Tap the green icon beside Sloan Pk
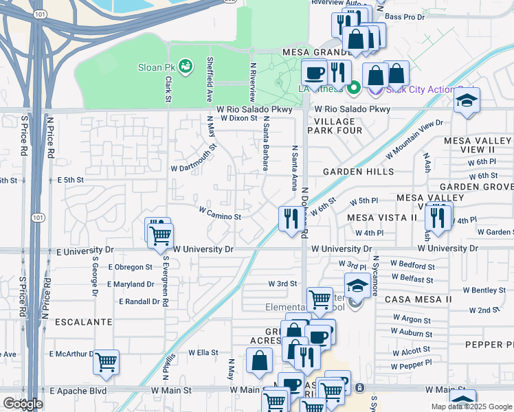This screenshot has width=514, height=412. tap(184, 67)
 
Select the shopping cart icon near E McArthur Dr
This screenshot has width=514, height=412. tap(106, 361)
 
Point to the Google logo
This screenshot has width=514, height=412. tap(23, 404)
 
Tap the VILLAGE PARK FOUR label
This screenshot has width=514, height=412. tap(334, 126)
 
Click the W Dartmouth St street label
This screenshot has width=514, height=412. tap(193, 157)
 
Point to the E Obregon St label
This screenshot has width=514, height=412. tap(130, 266)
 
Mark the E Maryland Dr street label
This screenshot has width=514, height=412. tap(131, 284)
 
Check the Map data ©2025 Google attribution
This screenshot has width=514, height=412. tap(471, 407)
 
